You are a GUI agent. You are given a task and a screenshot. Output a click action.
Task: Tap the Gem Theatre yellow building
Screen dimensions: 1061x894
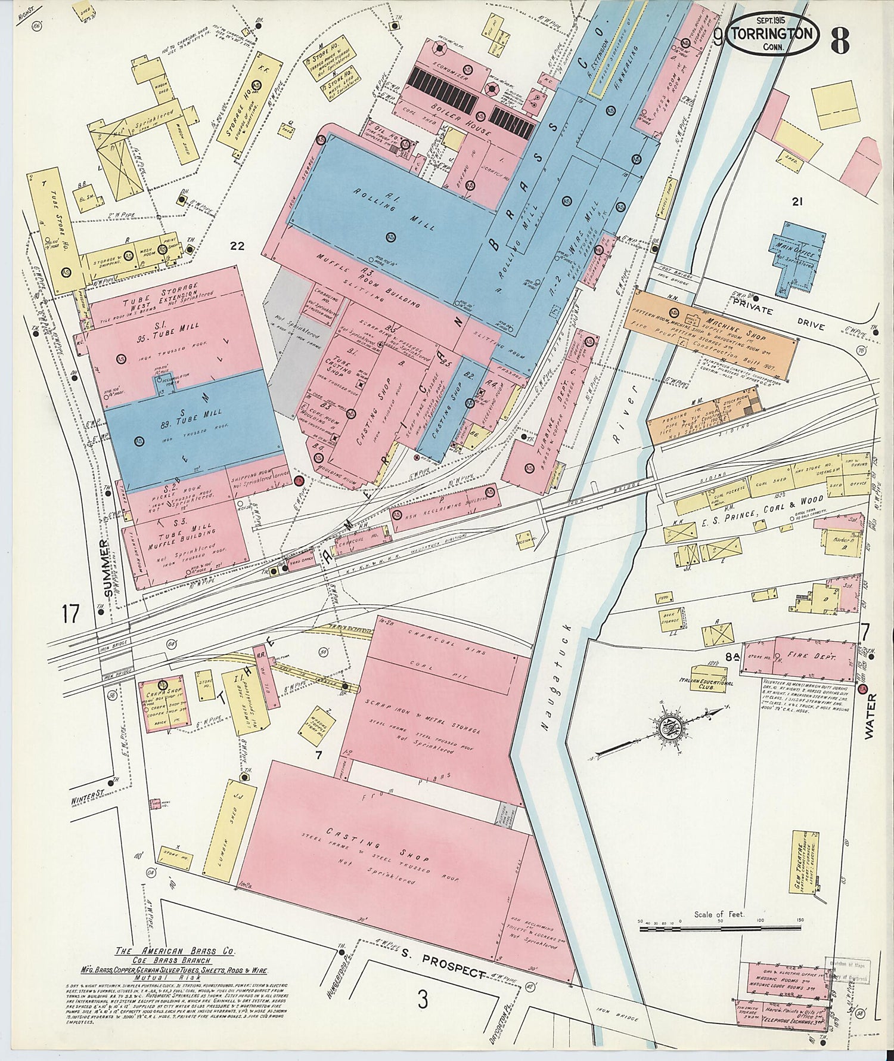805,871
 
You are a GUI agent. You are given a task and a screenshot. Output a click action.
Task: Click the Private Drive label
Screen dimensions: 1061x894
775,317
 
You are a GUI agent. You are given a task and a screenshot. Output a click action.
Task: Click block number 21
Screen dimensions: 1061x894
796,202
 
